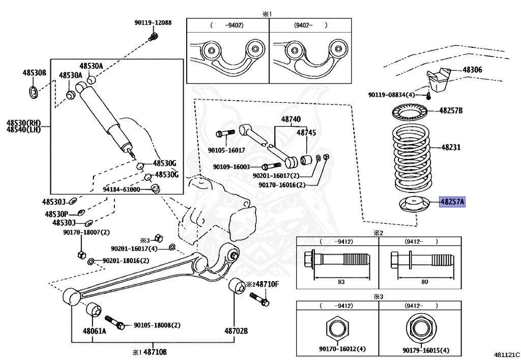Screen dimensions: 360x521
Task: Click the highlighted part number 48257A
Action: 452,202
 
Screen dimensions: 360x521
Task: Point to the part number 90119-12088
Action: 153,22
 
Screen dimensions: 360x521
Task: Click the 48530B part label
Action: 34,73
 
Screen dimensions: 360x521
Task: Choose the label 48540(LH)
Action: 23,130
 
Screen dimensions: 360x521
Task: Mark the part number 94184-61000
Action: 121,189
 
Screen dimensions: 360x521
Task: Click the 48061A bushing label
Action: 95,331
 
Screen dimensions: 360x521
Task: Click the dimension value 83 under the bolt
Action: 340,282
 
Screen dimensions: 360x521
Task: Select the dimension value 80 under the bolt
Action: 424,282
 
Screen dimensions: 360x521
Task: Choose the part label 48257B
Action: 451,110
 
